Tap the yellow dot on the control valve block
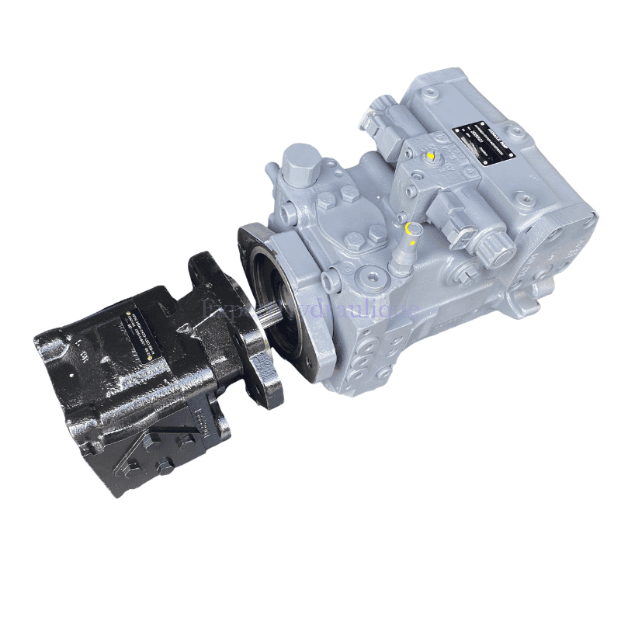[430, 155]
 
